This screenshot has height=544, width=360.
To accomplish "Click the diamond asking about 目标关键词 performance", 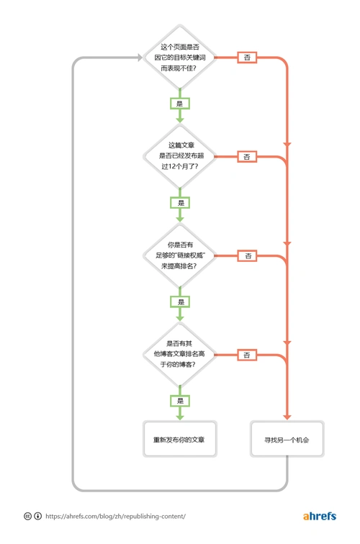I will tap(179, 57).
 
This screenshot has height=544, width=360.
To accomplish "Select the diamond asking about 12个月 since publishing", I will tap(179, 156).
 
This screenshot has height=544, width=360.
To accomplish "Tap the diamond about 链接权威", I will tap(179, 255).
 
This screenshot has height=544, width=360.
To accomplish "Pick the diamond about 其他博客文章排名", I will tap(179, 354).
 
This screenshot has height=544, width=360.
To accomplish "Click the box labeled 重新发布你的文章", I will tap(179, 439).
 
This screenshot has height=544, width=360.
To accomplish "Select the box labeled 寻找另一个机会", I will tap(287, 439).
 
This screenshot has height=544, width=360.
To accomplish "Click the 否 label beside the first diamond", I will tap(247, 57).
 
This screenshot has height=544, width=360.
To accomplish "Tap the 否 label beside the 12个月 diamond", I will tap(247, 156).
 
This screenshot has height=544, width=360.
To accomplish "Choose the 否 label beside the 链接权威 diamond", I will tap(247, 255).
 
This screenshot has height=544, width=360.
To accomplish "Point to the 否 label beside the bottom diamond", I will tap(247, 355).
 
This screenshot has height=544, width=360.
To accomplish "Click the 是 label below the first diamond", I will tap(179, 104).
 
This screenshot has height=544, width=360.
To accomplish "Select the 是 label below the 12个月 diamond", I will tap(179, 203).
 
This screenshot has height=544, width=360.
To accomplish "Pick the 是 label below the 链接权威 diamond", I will tap(179, 302).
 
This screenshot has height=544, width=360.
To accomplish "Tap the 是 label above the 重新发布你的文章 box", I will tap(179, 400).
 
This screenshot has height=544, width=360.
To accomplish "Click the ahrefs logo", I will tap(319, 516).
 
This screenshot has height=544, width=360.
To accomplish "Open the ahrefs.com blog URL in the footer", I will tap(115, 516).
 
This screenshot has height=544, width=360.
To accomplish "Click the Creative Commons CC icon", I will tap(27, 516).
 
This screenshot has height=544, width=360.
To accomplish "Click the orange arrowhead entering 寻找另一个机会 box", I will tap(287, 416).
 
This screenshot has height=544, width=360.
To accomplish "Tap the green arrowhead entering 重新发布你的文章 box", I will tap(179, 416).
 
